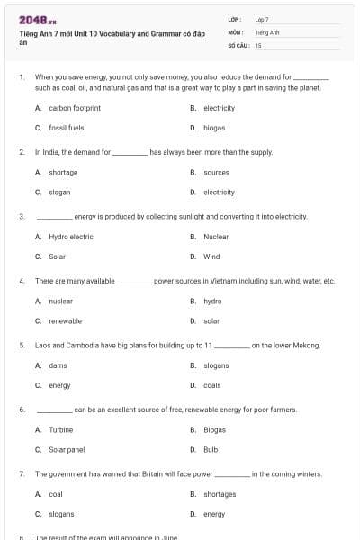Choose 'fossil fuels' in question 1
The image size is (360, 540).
pyautogui.click(x=66, y=128)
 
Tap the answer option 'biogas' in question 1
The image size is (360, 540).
pyautogui.click(x=214, y=128)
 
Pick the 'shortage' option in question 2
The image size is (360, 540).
pyautogui.click(x=63, y=172)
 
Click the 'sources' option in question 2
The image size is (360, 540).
pyautogui.click(x=216, y=172)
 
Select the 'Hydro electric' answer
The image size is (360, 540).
pyautogui.click(x=70, y=237)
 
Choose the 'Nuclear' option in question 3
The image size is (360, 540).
pyautogui.click(x=216, y=237)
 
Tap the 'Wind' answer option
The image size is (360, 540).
pyautogui.click(x=211, y=256)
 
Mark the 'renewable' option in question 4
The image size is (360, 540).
pyautogui.click(x=65, y=320)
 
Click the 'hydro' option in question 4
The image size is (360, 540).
pyautogui.click(x=212, y=301)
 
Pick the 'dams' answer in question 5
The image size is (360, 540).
pyautogui.click(x=58, y=365)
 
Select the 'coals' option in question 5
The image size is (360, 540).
pyautogui.click(x=211, y=385)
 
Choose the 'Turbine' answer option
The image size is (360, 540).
pyautogui.click(x=61, y=429)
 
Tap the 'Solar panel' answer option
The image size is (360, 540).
pyautogui.click(x=67, y=449)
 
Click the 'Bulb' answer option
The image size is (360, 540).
pyautogui.click(x=211, y=449)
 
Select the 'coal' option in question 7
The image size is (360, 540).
pyautogui.click(x=56, y=494)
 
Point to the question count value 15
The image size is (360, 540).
pyautogui.click(x=258, y=44)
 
